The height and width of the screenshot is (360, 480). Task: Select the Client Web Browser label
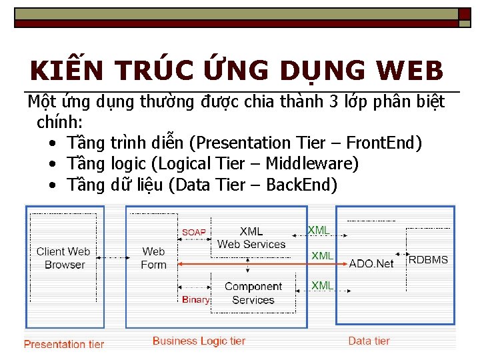coord(63,257)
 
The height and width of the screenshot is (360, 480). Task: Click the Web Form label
coord(153,257)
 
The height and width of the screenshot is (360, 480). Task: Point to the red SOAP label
coord(194,232)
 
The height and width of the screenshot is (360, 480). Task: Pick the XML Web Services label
coord(251,237)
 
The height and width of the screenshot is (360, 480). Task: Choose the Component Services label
coord(253,293)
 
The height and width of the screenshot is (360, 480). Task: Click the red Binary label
coord(195,299)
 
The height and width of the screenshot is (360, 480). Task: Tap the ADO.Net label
coord(371,263)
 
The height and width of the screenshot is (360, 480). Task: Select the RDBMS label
coord(428,259)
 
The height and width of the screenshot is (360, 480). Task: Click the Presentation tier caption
coord(64,344)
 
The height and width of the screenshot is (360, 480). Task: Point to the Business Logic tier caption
coord(199,341)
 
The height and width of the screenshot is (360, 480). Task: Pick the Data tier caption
coord(369,341)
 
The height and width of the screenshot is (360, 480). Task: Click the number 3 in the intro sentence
coord(334,101)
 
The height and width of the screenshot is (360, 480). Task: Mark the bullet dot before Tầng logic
coord(52,164)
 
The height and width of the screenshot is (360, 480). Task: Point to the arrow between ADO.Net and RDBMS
coord(401,254)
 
